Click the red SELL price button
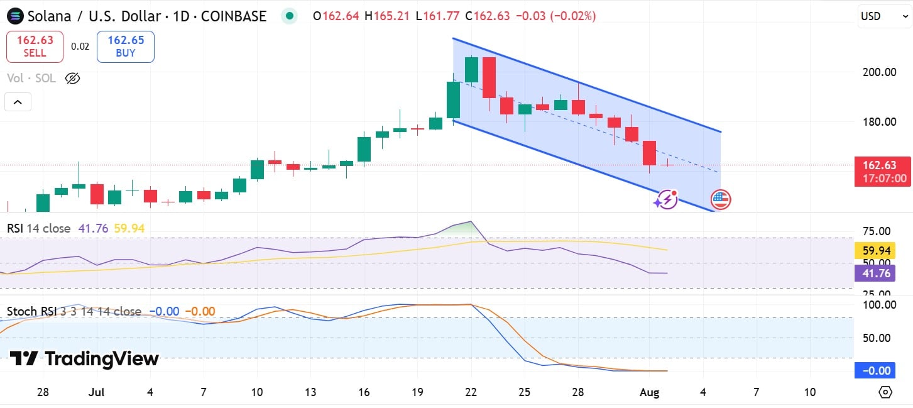pyautogui.click(x=35, y=47)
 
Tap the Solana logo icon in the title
pyautogui.click(x=14, y=16)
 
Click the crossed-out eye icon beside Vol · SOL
pyautogui.click(x=73, y=79)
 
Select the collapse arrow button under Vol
pyautogui.click(x=18, y=102)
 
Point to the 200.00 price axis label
pyautogui.click(x=878, y=72)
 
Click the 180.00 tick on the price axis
pyautogui.click(x=878, y=121)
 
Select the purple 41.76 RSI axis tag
pyautogui.click(x=875, y=273)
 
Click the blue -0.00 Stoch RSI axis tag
pyautogui.click(x=875, y=370)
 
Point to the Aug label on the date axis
pyautogui.click(x=650, y=392)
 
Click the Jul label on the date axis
pyautogui.click(x=96, y=392)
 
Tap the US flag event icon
pyautogui.click(x=720, y=200)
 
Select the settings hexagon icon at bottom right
pyautogui.click(x=885, y=392)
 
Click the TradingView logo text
pyautogui.click(x=84, y=359)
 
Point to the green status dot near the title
pyautogui.click(x=289, y=16)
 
